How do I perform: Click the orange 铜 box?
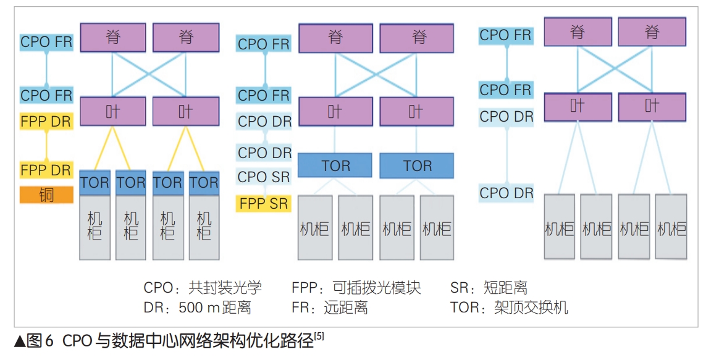[46, 195]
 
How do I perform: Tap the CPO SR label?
[264, 177]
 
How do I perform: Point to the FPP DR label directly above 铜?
[46, 170]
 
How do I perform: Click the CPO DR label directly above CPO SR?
[264, 153]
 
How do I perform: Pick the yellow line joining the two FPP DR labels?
[46, 146]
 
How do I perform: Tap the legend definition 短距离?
[506, 288]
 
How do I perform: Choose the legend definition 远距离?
[345, 308]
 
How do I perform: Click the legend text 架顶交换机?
[531, 308]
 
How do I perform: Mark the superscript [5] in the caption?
[319, 336]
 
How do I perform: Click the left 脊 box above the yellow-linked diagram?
[113, 38]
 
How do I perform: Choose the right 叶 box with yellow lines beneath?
[186, 111]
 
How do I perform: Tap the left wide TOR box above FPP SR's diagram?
[335, 165]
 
